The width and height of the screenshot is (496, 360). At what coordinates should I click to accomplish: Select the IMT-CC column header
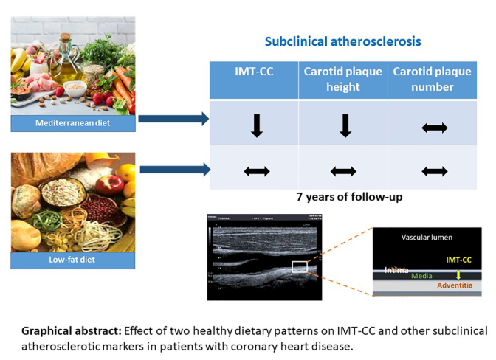pyautogui.click(x=254, y=72)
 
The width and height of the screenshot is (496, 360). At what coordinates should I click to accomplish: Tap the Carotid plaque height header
pyautogui.click(x=343, y=80)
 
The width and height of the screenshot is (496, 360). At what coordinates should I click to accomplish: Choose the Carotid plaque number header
pyautogui.click(x=434, y=80)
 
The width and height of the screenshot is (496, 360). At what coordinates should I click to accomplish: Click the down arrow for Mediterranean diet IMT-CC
pyautogui.click(x=255, y=126)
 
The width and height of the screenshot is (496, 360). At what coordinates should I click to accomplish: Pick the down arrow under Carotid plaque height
pyautogui.click(x=344, y=126)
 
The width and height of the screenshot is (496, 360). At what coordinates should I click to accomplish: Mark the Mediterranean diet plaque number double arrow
pyautogui.click(x=434, y=128)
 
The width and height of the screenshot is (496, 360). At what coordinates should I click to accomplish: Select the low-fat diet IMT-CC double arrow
pyautogui.click(x=255, y=171)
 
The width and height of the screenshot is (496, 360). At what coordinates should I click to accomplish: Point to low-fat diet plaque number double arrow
pyautogui.click(x=434, y=171)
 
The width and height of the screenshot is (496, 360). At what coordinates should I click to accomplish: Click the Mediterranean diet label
pyautogui.click(x=73, y=123)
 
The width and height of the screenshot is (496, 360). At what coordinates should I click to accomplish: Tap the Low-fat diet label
pyautogui.click(x=73, y=260)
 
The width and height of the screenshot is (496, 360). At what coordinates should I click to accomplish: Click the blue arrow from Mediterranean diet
pyautogui.click(x=173, y=119)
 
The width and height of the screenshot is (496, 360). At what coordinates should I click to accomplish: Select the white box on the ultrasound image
pyautogui.click(x=299, y=267)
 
